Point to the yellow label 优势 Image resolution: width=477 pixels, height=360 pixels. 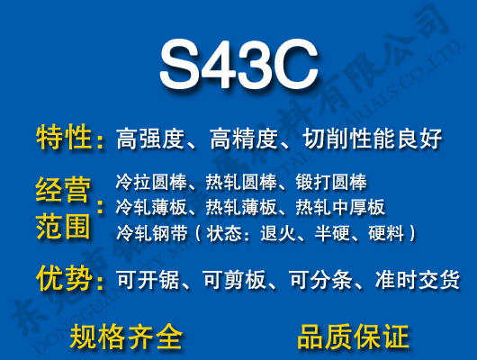click(x=64, y=280)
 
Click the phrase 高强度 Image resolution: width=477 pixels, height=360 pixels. click(x=149, y=139)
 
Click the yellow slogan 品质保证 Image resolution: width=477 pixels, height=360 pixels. click(x=353, y=337)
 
